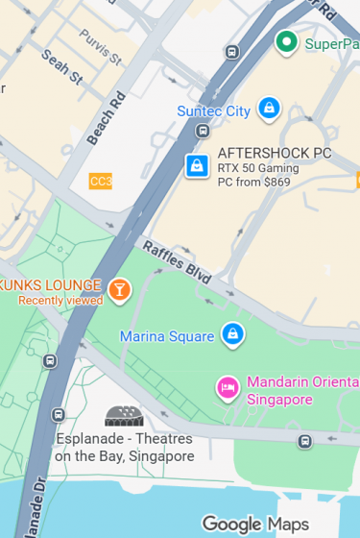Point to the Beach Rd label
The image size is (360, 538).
coord(106,118)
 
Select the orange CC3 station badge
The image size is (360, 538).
coord(100,181)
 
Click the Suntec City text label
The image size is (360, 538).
coord(213,110)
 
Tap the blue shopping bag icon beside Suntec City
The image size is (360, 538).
coord(270,108)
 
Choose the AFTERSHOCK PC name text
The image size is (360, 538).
coord(275,153)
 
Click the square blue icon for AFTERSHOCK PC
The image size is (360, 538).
coord(197,166)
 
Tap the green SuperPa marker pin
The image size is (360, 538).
coord(285,42)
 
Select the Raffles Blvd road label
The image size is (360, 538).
coord(177,260)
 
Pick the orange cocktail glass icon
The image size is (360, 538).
coord(119,289)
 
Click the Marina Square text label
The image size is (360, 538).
coord(166,336)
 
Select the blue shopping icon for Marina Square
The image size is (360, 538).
coord(231,334)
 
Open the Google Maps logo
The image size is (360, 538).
coord(254,524)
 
